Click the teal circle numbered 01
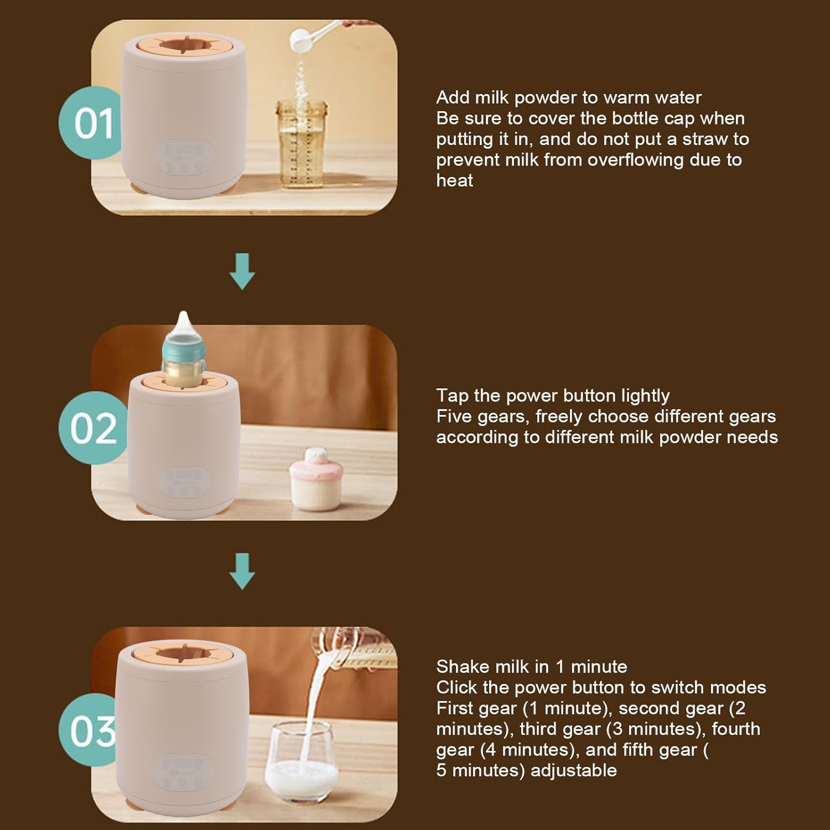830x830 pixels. pos(91,123)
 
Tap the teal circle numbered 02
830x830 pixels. pos(93,427)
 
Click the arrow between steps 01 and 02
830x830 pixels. pos(242,271)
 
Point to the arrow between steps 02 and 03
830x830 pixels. pos(242,570)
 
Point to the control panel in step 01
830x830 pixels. pos(185,158)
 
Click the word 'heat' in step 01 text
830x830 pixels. pos(454,180)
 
